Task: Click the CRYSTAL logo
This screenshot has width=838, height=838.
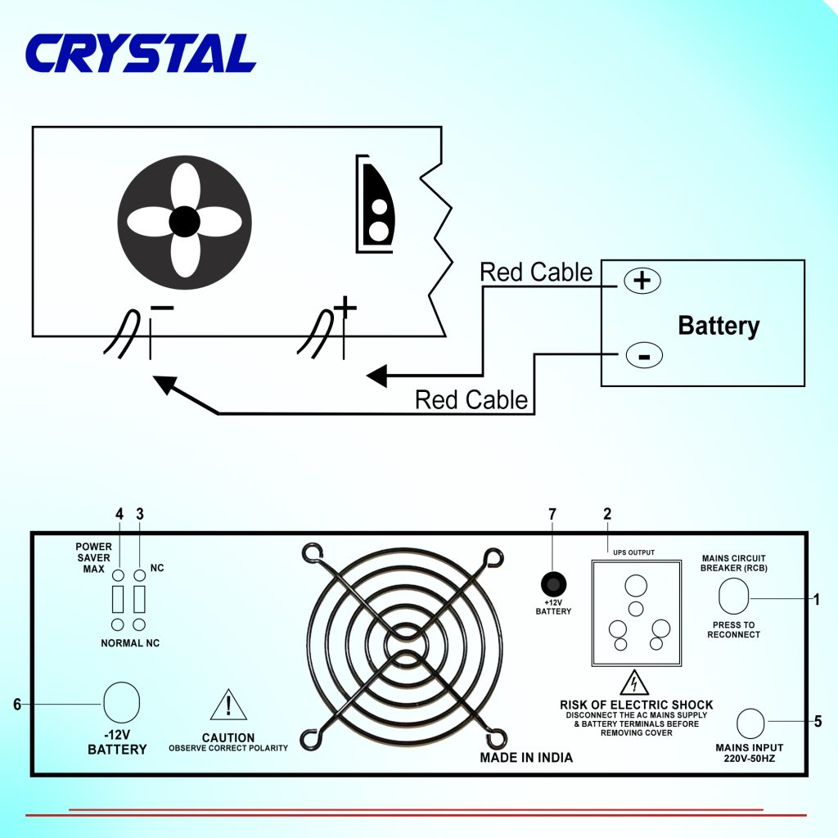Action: pos(141,54)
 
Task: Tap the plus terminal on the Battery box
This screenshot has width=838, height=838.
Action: pos(642,281)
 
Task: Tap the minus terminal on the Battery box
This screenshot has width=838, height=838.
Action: pos(643,356)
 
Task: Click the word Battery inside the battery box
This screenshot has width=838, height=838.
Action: pos(719,326)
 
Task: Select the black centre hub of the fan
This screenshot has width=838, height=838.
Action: pos(184,221)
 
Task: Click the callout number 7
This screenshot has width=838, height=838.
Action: pos(552,514)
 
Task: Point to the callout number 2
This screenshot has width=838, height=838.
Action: pos(607,514)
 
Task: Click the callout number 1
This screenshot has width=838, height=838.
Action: pos(816,600)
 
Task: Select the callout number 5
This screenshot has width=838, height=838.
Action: pos(818,722)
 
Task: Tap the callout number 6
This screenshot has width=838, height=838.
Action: pos(17,704)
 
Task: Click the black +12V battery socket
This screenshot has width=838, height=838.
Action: pos(555,584)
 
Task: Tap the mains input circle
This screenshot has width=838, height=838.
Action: pos(750,723)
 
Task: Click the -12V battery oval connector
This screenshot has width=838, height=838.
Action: pos(122,702)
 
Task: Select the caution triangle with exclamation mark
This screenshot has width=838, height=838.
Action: pos(228,706)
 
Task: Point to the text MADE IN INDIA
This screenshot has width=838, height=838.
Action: pos(526,758)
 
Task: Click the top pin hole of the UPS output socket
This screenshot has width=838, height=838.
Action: pos(635,586)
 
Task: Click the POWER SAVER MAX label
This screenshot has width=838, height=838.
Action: pos(93,557)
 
